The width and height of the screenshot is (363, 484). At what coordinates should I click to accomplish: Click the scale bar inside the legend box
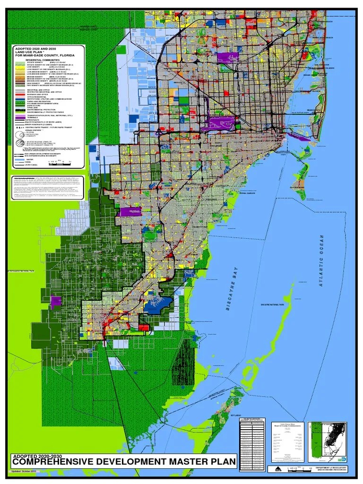(57, 162)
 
